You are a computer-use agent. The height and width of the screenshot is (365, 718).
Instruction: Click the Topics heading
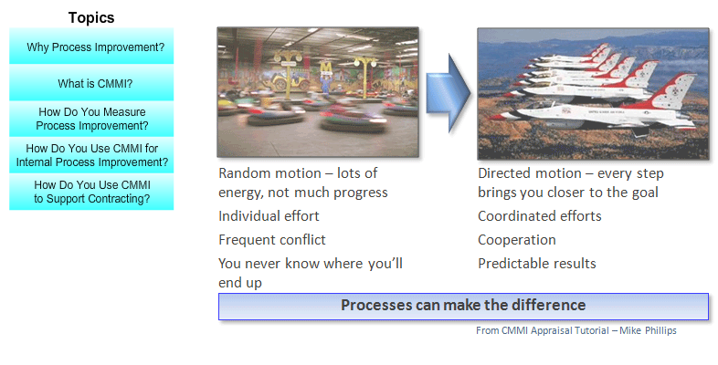91,17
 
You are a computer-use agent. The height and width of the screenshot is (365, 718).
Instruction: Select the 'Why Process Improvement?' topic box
91,46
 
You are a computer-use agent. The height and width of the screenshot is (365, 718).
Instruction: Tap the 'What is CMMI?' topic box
91,83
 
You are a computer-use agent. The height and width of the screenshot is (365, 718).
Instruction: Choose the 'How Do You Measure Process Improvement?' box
91,119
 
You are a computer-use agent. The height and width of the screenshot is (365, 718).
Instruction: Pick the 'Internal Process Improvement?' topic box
91,155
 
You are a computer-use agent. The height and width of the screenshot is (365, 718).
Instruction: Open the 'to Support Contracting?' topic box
91,192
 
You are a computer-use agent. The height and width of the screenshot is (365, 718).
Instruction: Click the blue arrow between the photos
449,93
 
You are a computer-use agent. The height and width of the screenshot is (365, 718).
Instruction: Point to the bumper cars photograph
318,92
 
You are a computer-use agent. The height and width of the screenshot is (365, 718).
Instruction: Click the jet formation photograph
594,94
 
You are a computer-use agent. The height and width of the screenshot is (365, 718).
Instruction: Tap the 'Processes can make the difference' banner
463,306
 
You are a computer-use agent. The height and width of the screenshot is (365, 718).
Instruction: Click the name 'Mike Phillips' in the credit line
648,330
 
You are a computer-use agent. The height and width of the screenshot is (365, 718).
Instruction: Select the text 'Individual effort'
269,216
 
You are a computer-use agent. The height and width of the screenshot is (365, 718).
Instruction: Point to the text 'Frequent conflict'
272,240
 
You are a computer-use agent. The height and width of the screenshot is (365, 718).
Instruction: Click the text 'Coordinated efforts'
540,216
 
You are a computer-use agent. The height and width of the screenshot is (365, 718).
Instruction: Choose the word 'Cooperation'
517,240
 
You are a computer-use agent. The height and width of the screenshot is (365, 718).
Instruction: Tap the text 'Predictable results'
537,264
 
